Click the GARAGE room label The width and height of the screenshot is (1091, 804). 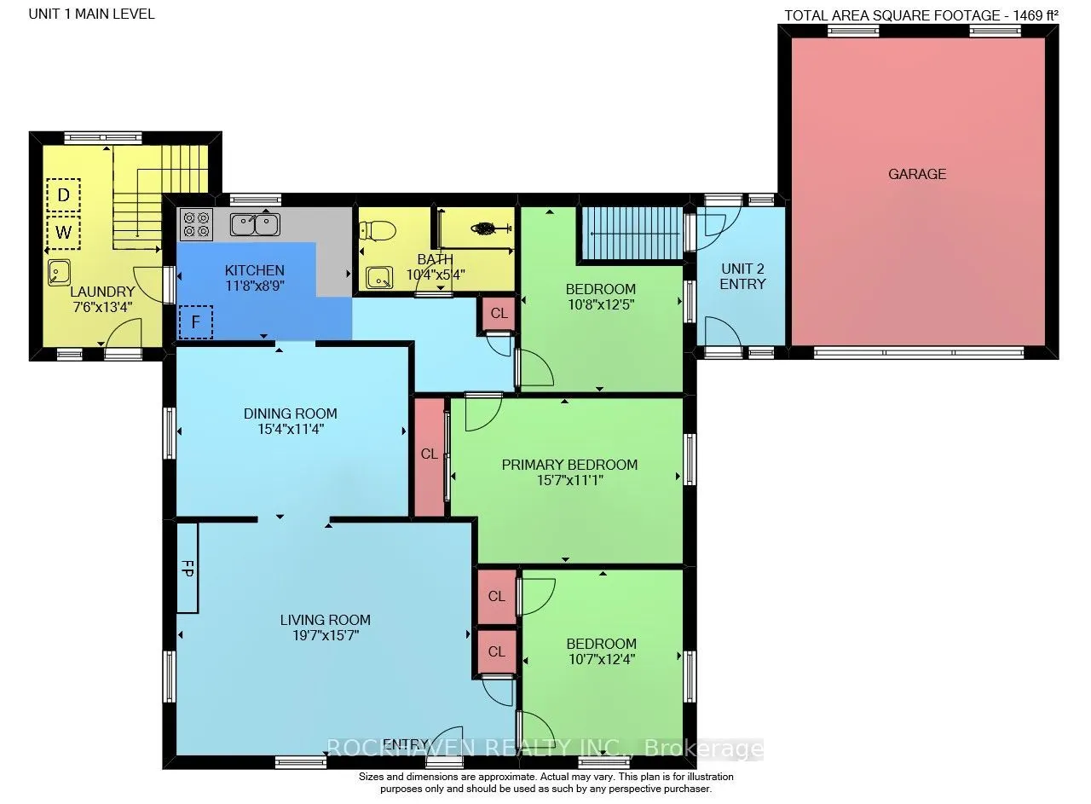point(917,174)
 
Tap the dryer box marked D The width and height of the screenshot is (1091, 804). point(63,195)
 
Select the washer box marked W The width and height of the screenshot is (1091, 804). point(63,232)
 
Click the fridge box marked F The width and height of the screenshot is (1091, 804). point(196,321)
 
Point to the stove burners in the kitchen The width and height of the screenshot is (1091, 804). point(196,224)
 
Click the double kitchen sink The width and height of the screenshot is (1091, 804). point(255,224)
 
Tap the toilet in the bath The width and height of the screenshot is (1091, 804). point(378,230)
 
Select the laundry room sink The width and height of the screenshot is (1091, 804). point(60,272)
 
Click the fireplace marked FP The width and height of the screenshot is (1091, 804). point(187,568)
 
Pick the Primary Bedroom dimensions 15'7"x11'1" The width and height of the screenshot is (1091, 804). point(570,481)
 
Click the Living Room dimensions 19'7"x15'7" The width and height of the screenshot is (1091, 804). point(326,635)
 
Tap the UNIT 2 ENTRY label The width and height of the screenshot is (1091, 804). point(742,276)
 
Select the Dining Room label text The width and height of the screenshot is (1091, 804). point(291,414)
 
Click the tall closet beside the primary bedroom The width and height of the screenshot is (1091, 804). point(429,457)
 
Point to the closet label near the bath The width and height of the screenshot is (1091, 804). point(499,313)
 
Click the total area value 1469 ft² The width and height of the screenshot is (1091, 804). point(1035,15)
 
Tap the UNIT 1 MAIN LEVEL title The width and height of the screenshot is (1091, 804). point(91,14)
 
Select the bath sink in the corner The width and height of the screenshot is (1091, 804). point(379,278)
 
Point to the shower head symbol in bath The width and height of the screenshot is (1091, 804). point(491,228)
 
